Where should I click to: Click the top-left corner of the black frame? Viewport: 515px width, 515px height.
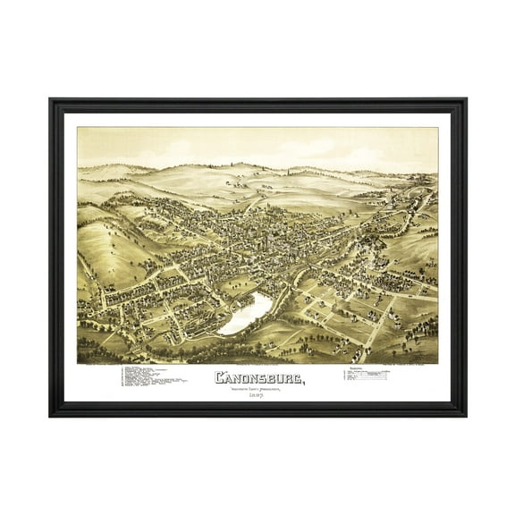pyautogui.click(x=50, y=100)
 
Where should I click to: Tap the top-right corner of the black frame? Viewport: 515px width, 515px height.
pyautogui.click(x=465, y=100)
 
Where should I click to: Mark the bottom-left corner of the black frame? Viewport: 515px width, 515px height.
pyautogui.click(x=50, y=415)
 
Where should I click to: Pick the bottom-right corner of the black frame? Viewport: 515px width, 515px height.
pyautogui.click(x=465, y=415)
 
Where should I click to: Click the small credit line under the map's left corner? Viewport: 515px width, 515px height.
pyautogui.click(x=98, y=365)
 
